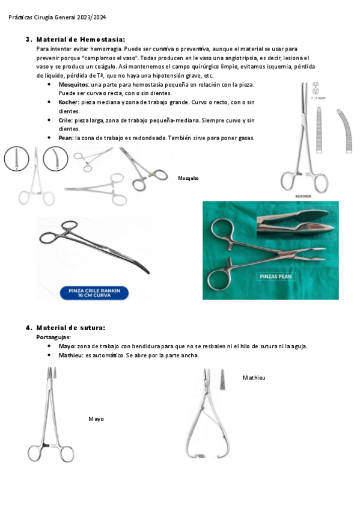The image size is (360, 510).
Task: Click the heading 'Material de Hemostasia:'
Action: pos(81,40)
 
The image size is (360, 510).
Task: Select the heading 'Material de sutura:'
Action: pos(71,328)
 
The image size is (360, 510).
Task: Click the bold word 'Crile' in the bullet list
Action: pos(65,120)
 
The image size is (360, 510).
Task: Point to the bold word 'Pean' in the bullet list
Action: pos(66,138)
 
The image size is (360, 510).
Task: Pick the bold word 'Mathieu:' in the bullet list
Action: pos(71,355)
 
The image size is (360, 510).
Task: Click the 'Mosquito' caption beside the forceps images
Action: pos(188,178)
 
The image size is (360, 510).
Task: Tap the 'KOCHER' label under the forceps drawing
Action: pos(303,196)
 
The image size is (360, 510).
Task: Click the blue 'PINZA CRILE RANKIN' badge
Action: pos(94,293)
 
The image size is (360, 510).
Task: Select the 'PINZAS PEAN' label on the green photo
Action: pos(275,277)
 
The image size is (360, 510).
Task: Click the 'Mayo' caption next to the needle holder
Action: pos(96,419)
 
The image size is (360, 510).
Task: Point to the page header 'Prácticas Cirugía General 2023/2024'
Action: pos(57,17)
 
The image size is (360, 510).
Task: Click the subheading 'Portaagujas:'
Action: pos(53,337)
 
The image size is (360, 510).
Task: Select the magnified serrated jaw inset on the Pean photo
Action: pos(296,223)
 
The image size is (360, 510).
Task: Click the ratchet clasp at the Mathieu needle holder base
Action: pos(201,456)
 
